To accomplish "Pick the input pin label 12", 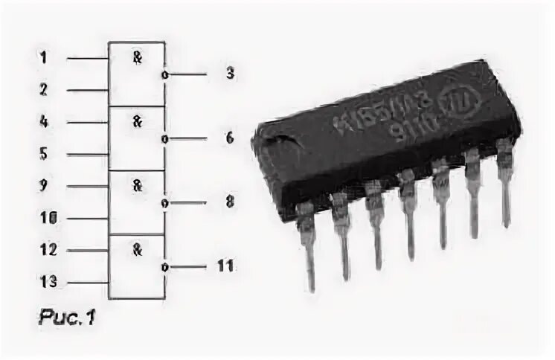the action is pos(47,251).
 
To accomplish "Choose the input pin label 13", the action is pos(47,283).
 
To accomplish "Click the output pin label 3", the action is pos(230,74).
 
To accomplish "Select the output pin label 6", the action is pos(230,138).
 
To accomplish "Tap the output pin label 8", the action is pos(230,202).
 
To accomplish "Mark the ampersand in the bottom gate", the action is pos(137,250).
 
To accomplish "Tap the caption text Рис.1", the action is pos(67,318).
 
